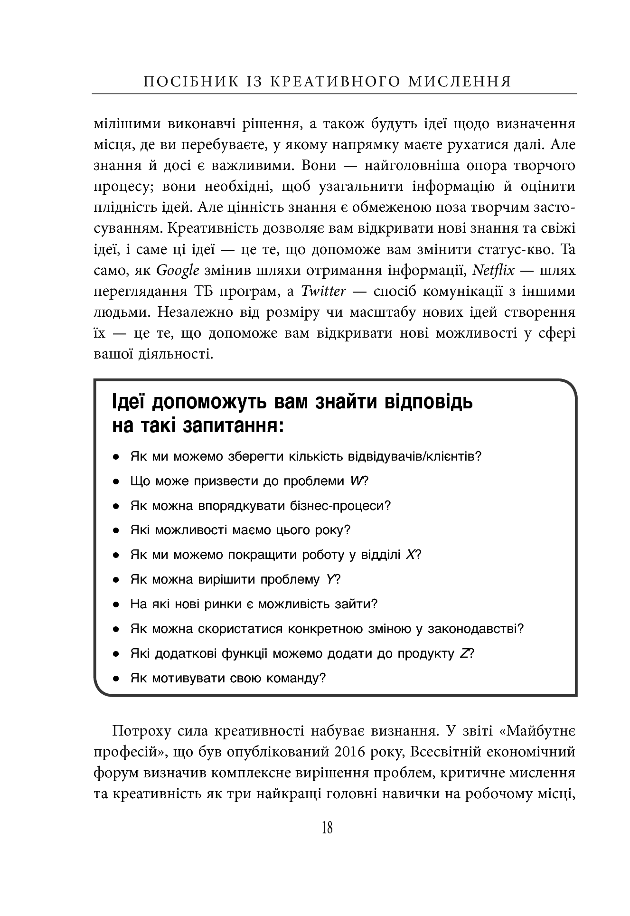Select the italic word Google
(178, 271)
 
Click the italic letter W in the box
(356, 481)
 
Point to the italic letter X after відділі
(411, 555)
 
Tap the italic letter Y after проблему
(331, 580)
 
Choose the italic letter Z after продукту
(464, 654)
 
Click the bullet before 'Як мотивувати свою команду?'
(115, 679)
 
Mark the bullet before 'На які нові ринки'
(115, 604)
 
